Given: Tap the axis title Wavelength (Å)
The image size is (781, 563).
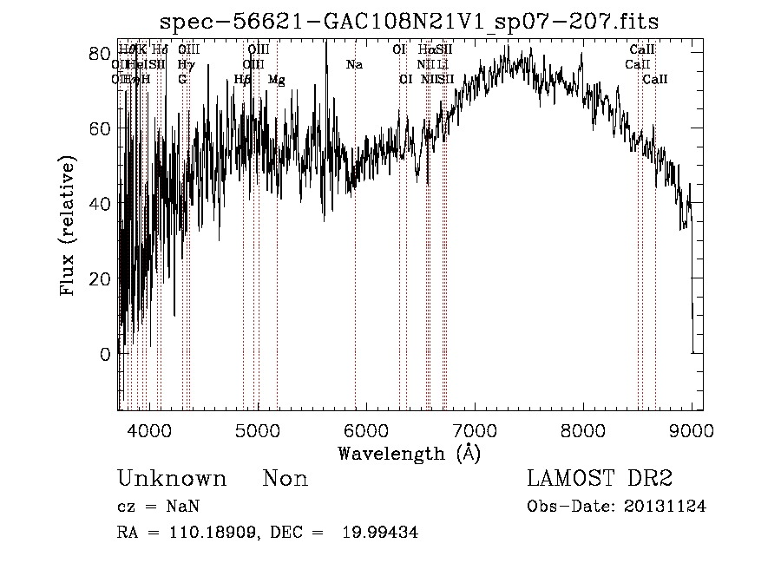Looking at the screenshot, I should pos(409,453).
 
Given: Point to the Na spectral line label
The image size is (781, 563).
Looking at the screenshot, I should pos(354,65).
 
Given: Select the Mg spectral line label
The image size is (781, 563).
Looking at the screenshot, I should pos(277,80).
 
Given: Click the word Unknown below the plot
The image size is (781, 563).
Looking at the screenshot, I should pos(172,479).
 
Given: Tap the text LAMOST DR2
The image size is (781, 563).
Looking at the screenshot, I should pos(599,479).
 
